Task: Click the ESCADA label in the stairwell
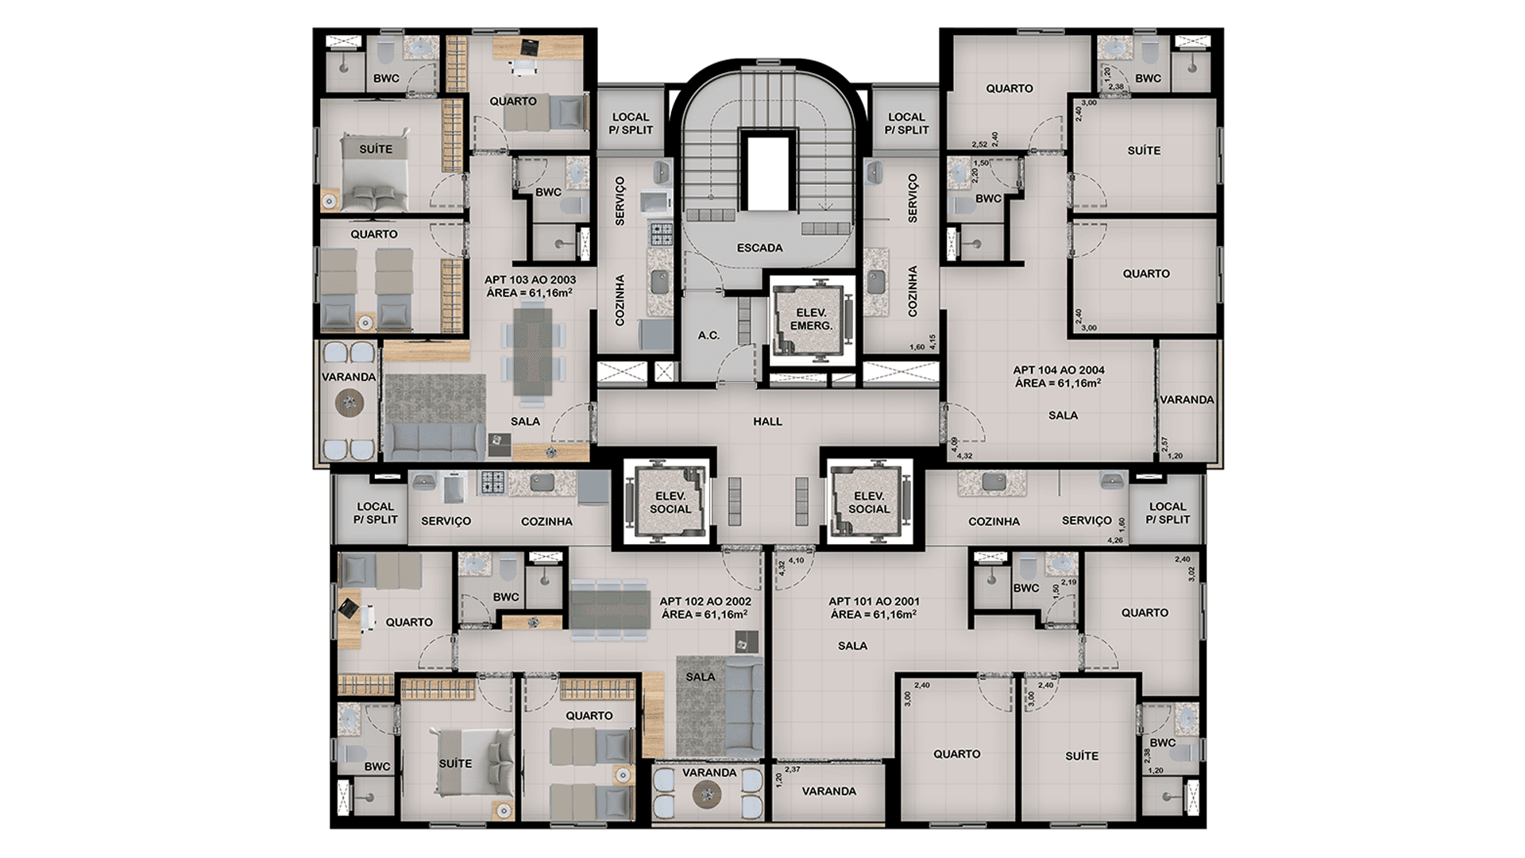[759, 248]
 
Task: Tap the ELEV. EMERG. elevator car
[811, 319]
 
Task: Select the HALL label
[768, 422]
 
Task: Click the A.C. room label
[708, 335]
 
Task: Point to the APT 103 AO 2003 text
[530, 280]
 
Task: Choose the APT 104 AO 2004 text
[1059, 370]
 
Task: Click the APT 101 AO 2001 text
[874, 601]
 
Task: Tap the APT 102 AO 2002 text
[705, 601]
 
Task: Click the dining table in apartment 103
[532, 351]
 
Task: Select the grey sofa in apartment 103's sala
[434, 441]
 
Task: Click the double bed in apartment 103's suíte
[375, 172]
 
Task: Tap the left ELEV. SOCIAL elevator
[670, 502]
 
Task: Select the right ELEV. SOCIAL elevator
[869, 502]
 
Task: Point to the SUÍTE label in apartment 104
[1144, 150]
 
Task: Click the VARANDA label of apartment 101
[828, 791]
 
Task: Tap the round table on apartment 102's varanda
[706, 794]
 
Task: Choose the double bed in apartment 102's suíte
[475, 762]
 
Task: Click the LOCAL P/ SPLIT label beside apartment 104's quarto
[906, 123]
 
